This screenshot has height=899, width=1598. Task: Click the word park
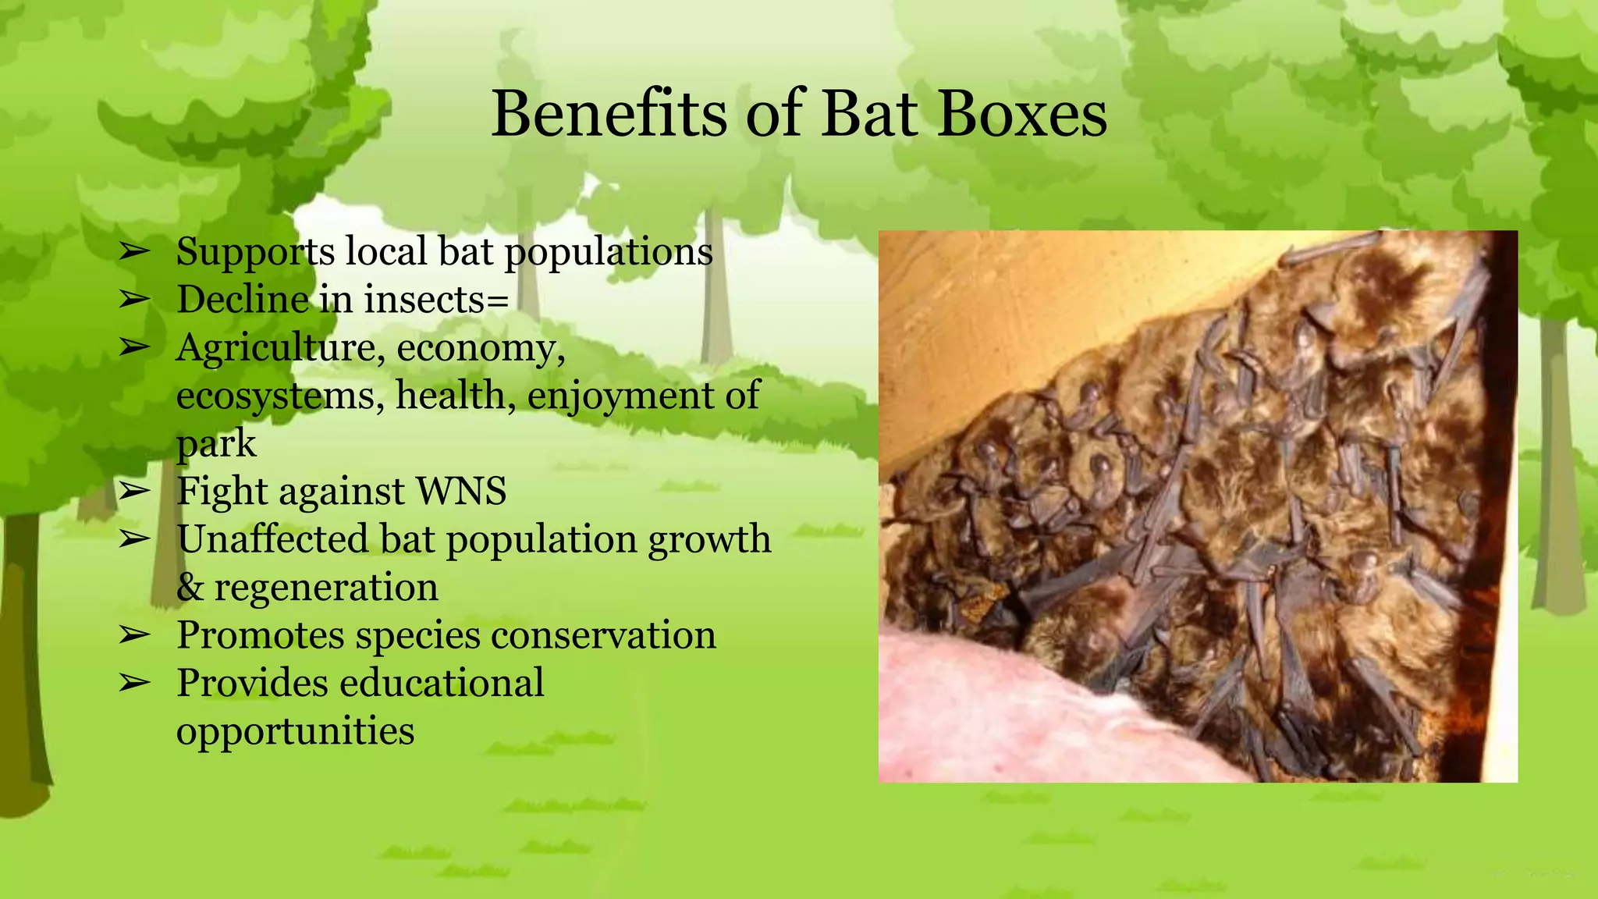coord(215,444)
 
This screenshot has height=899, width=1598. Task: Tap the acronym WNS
coord(461,492)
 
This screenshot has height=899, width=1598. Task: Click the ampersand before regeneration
coord(190,587)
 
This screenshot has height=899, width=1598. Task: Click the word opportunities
coord(295,731)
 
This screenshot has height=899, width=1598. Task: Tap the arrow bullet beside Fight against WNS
coord(134,492)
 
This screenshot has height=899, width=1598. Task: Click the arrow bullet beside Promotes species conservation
coord(134,635)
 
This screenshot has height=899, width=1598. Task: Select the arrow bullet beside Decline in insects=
coord(134,300)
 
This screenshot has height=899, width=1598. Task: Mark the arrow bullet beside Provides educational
coord(134,683)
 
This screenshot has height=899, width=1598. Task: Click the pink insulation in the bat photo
coord(1014,718)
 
